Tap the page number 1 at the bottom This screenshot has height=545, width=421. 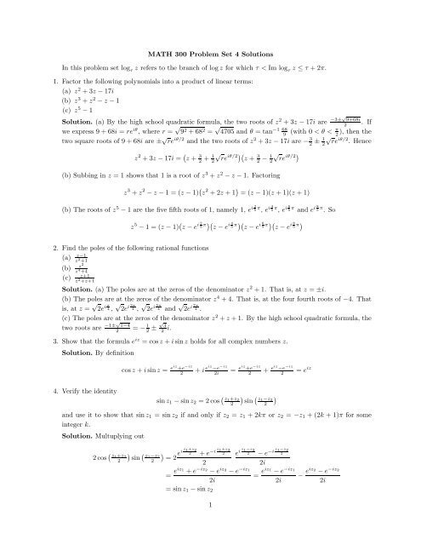pyautogui.click(x=210, y=528)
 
